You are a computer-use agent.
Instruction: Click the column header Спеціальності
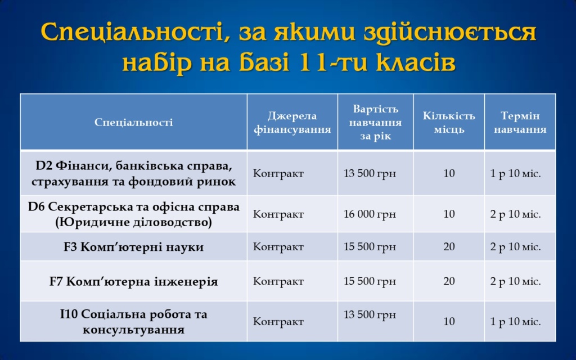click(x=133, y=122)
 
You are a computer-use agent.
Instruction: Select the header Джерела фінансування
click(x=292, y=122)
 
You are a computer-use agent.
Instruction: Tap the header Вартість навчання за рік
click(x=375, y=122)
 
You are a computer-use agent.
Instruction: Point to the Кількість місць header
click(x=449, y=122)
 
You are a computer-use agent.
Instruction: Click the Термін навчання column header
click(x=520, y=122)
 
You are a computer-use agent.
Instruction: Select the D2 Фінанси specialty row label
click(x=133, y=173)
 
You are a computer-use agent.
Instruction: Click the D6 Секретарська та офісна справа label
click(x=133, y=214)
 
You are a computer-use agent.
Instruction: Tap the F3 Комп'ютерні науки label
click(x=133, y=246)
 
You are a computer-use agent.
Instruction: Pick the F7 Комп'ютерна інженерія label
click(x=133, y=281)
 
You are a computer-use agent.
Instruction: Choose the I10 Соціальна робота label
click(x=133, y=321)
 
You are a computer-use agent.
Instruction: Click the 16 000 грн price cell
click(x=370, y=214)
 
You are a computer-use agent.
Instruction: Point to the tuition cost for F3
click(x=370, y=246)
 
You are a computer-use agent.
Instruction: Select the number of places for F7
click(x=449, y=281)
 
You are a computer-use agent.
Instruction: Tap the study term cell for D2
click(x=515, y=173)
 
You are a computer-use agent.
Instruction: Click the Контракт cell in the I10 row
click(x=278, y=321)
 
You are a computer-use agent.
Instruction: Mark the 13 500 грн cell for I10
click(x=370, y=314)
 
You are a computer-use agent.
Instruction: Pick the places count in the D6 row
click(x=449, y=214)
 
